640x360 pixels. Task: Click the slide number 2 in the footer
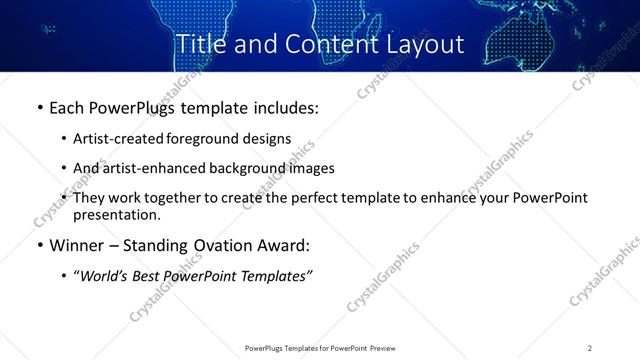pos(590,348)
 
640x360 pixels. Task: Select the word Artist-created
pos(119,139)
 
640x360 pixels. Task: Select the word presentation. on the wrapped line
pos(116,215)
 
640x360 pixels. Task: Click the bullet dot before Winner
pos(39,246)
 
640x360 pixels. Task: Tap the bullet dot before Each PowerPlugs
pos(39,107)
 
